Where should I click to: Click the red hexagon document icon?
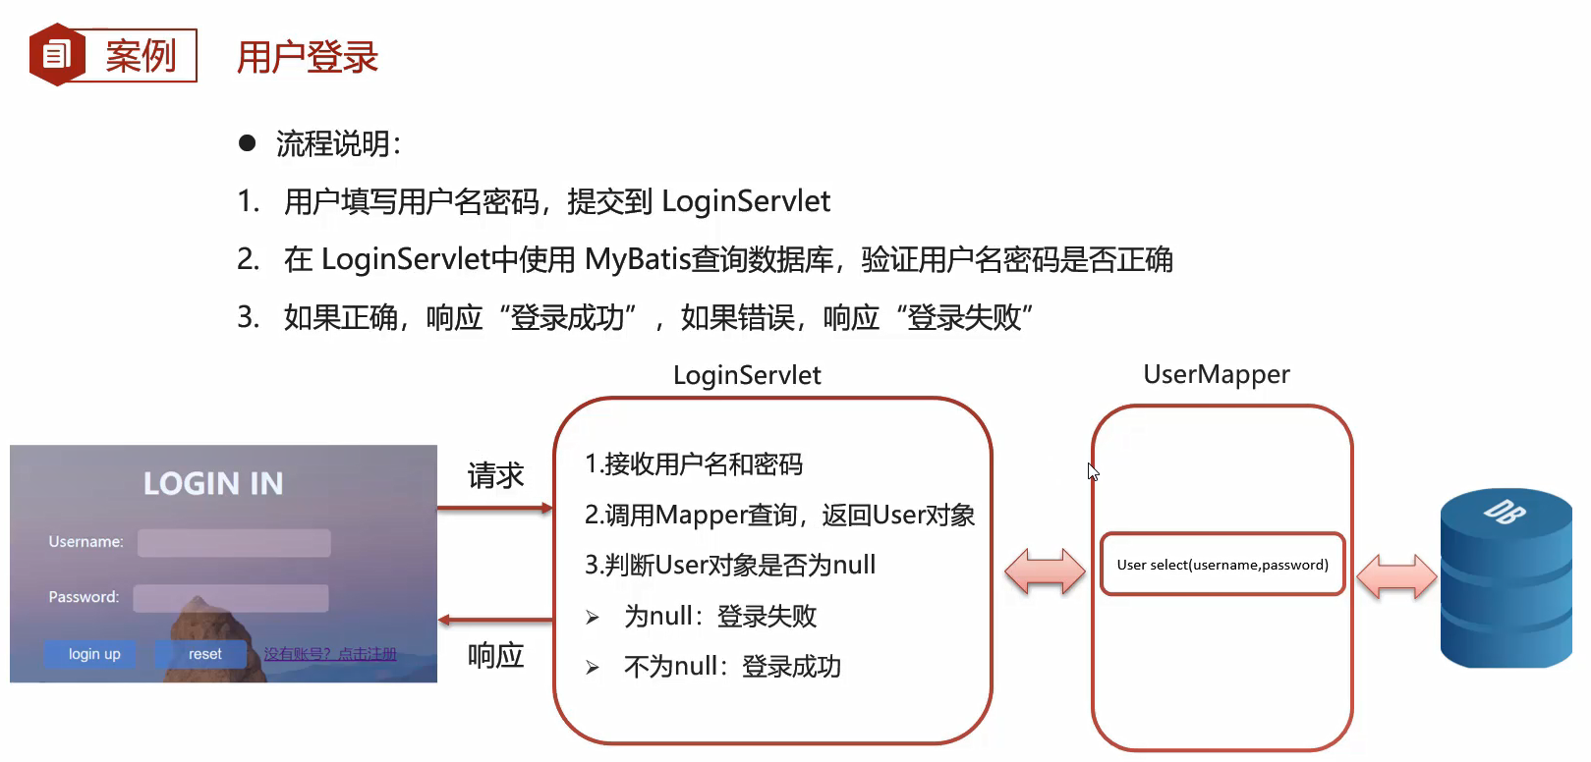tap(56, 55)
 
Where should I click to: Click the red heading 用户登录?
tap(308, 57)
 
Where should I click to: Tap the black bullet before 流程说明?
tap(247, 144)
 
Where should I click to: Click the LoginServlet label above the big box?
tap(747, 375)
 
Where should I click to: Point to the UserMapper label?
tap(1216, 374)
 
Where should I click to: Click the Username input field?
tap(234, 543)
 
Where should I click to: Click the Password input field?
tap(231, 598)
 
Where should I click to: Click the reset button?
tap(204, 654)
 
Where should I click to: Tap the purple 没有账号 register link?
tap(330, 654)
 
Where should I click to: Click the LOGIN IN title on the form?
tap(213, 483)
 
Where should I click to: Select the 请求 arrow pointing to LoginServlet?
tap(495, 509)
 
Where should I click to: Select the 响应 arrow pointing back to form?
tap(495, 620)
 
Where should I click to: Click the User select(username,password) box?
tap(1222, 565)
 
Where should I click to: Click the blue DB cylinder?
tap(1505, 579)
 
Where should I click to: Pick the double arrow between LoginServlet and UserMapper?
tap(1045, 571)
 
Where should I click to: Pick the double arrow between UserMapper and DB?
tap(1395, 575)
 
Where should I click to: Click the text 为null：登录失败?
tap(719, 617)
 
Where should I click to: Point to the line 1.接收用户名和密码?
tap(694, 463)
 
